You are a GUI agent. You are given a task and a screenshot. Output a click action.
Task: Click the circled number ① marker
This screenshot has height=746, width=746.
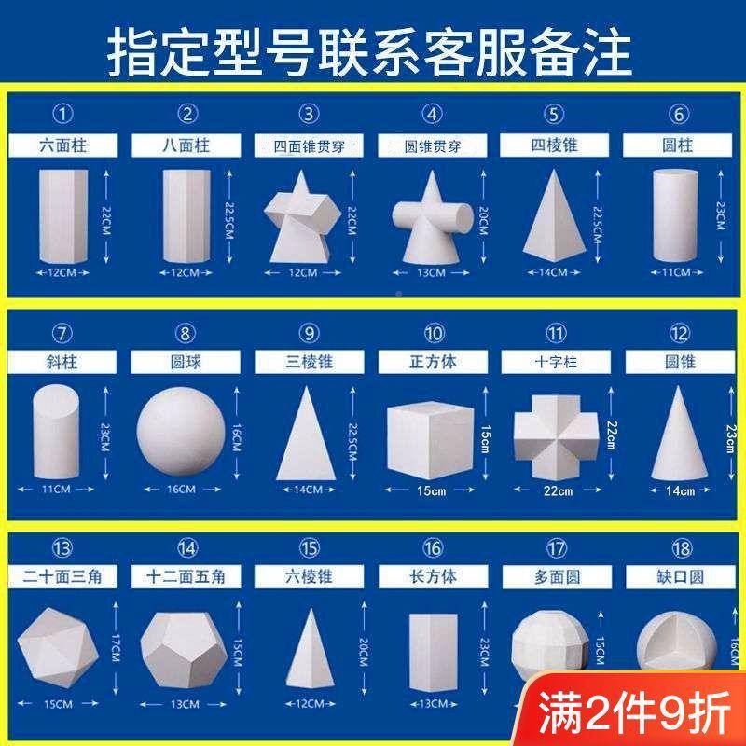pyautogui.click(x=63, y=115)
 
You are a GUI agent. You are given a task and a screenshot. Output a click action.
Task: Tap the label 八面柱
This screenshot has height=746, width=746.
pyautogui.click(x=187, y=145)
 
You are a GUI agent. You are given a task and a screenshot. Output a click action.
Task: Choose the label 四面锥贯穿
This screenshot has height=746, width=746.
pyautogui.click(x=309, y=146)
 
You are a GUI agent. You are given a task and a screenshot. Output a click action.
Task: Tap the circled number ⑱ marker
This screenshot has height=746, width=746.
pyautogui.click(x=679, y=547)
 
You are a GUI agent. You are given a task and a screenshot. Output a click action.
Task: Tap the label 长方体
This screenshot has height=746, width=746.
pyautogui.click(x=433, y=577)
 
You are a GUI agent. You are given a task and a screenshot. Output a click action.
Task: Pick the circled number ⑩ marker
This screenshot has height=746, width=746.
pyautogui.click(x=433, y=333)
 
